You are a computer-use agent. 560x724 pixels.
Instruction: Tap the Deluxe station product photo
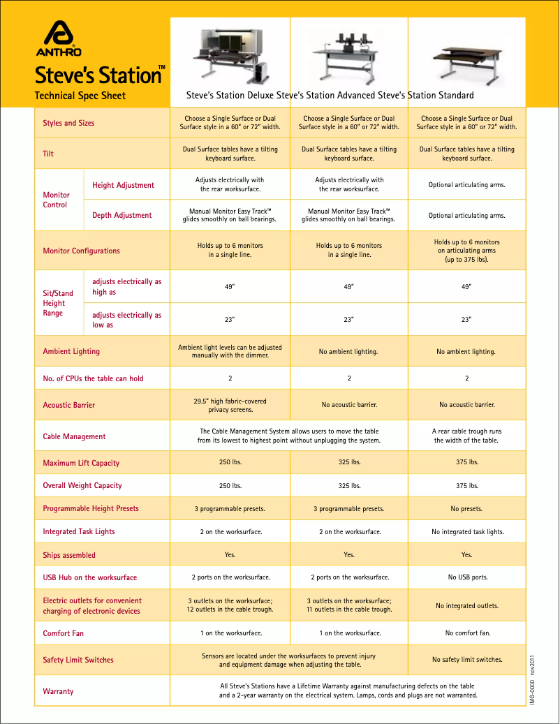point(230,54)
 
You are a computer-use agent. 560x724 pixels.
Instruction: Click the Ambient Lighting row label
point(71,351)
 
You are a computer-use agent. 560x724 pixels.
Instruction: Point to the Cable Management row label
point(74,436)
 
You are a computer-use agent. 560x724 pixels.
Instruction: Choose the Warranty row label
point(58,691)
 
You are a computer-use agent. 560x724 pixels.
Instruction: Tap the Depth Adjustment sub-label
point(121,215)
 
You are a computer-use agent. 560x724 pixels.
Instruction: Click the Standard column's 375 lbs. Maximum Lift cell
point(467,462)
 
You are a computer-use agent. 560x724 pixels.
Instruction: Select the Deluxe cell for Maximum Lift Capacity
point(230,462)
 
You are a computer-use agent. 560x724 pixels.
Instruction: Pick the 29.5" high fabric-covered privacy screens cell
point(230,406)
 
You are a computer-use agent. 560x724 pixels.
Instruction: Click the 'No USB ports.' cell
point(467,577)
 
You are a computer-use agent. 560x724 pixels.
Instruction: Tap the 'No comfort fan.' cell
point(467,633)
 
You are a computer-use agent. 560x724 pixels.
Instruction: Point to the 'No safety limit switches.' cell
point(467,659)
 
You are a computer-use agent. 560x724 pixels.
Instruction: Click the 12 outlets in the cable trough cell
point(230,605)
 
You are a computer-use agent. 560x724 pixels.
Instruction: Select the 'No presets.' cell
point(467,508)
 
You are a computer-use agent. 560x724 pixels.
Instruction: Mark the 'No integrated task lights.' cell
point(467,532)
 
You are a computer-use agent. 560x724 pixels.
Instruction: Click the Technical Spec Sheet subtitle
point(80,96)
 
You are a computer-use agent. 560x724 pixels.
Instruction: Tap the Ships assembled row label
point(69,555)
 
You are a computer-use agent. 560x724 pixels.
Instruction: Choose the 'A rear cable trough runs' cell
point(467,436)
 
